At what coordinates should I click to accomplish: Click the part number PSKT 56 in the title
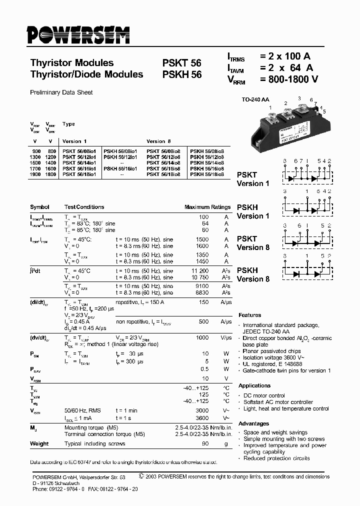181,63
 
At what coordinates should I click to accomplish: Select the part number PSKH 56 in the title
181,74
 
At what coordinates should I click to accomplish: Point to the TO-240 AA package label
255,100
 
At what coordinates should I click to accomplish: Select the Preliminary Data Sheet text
61,92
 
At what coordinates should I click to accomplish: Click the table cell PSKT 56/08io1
81,151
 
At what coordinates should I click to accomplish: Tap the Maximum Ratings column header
207,207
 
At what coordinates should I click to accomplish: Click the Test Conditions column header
84,207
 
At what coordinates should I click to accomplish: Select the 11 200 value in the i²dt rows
199,271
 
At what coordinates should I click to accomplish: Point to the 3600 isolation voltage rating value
202,418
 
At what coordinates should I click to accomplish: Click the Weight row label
39,443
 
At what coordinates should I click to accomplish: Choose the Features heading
250,315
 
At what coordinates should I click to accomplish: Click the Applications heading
254,385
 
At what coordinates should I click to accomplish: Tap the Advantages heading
254,423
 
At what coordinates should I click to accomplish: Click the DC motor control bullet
263,395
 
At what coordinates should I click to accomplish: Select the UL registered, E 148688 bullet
273,364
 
